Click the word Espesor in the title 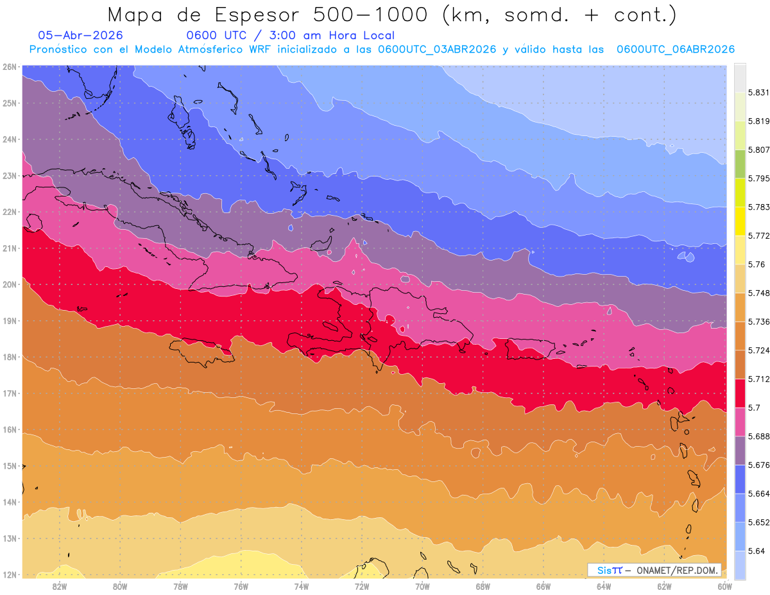257,15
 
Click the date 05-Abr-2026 80,35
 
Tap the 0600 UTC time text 216,35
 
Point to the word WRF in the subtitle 260,49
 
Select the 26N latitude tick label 9,67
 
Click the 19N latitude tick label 9,321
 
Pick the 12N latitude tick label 9,574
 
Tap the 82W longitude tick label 60,587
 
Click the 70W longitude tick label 422,587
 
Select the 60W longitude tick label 724,587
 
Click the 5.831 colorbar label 758,92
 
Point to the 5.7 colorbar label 754,408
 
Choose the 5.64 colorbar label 757,551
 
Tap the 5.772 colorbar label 758,236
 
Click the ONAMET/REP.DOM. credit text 678,570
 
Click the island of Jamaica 202,352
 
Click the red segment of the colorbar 740,393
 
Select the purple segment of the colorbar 740,451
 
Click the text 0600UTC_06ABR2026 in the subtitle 676,49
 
